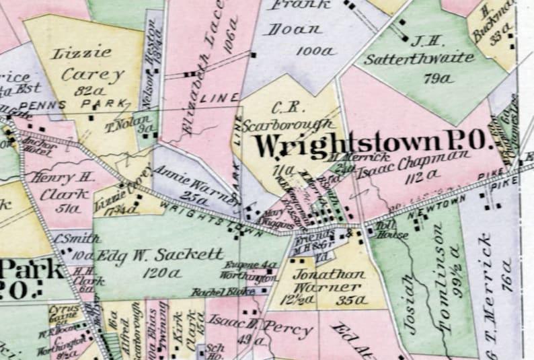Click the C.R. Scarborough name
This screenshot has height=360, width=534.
(x=289, y=116)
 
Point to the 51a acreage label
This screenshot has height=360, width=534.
(x=67, y=208)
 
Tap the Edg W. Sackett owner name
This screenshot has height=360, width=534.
(x=161, y=255)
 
